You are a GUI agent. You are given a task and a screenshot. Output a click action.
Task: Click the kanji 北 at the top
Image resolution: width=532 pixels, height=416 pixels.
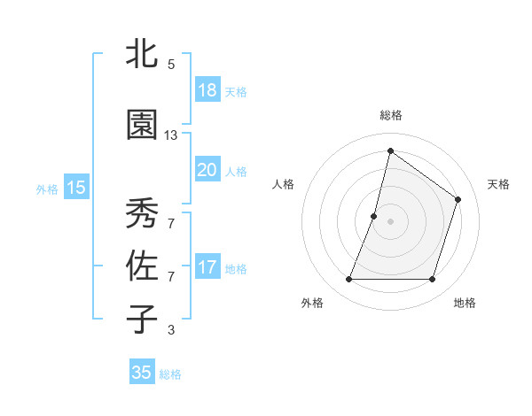point(142,55)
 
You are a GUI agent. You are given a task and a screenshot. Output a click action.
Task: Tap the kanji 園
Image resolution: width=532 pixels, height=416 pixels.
point(142,126)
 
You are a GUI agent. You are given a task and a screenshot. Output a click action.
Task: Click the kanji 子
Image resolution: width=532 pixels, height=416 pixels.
point(142,320)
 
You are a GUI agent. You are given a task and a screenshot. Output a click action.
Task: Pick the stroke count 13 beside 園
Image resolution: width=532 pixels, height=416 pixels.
point(171,135)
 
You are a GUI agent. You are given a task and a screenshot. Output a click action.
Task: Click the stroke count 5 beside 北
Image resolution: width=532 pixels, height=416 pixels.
point(171,65)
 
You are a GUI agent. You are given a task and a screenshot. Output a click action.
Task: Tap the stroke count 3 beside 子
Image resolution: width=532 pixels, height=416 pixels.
point(171,330)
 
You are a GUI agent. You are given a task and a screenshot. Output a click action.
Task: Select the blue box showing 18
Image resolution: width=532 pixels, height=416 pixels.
point(207,90)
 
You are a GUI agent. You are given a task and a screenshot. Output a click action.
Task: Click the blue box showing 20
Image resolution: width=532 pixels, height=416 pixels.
point(207,170)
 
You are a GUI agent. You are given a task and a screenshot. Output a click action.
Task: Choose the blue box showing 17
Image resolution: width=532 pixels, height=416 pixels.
point(207,267)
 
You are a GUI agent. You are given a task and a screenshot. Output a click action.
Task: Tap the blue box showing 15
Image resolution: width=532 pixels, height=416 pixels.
point(75,187)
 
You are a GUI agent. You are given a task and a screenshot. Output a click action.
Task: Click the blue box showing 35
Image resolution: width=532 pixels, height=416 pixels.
point(142,373)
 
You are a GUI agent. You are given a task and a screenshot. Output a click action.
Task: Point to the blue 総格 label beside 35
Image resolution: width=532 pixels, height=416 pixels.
point(170,374)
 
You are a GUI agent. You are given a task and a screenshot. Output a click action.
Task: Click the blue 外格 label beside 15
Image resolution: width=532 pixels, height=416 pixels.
point(47,189)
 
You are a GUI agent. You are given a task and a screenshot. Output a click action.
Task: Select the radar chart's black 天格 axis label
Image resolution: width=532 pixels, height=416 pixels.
point(498,184)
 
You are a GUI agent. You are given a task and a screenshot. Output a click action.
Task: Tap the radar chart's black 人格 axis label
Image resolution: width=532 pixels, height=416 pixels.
point(283,184)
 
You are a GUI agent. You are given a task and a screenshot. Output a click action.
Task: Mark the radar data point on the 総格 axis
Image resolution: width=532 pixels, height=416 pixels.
point(390,150)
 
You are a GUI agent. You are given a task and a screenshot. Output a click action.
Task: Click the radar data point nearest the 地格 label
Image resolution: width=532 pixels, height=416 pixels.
point(432,280)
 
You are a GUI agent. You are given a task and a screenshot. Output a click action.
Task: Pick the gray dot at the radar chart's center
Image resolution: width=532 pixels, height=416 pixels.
point(390,221)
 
